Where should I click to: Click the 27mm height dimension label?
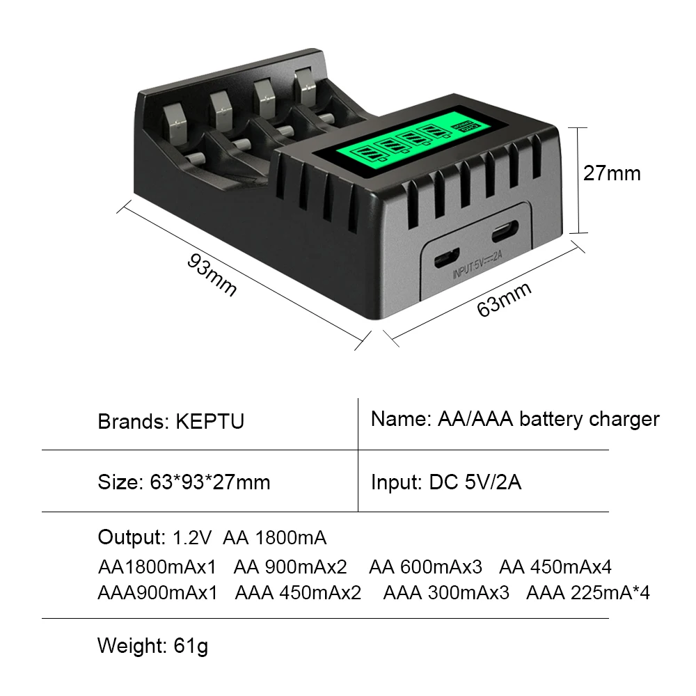tap(611, 173)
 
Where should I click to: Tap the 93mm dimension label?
tap(212, 274)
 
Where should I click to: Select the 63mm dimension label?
tap(504, 299)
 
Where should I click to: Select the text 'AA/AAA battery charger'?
tap(548, 419)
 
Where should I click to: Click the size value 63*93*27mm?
tap(210, 482)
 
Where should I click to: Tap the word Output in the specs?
tap(129, 537)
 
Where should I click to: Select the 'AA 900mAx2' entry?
tap(290, 567)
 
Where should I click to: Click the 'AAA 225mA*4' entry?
tap(588, 593)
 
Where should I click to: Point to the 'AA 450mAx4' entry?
tap(555, 567)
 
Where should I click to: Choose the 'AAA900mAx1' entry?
tap(157, 593)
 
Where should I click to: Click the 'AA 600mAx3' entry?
tap(425, 567)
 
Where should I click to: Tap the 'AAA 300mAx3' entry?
tap(446, 593)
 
